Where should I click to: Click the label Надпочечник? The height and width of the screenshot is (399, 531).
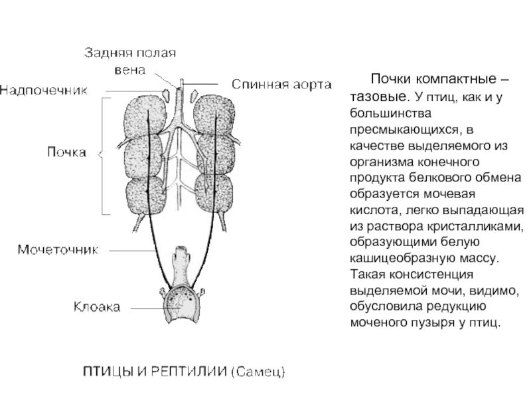44,90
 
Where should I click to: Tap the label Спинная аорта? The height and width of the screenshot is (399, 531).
281,84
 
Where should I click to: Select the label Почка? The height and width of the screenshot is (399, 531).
67,152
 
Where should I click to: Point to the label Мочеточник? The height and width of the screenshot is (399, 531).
58,250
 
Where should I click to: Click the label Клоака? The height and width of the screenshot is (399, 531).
97,307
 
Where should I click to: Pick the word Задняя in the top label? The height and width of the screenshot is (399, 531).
105,53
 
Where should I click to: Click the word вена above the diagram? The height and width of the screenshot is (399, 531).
130,70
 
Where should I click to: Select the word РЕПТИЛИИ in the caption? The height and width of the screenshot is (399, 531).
189,372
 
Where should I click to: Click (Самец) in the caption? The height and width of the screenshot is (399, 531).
258,372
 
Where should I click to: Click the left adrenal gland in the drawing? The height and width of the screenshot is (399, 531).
165,94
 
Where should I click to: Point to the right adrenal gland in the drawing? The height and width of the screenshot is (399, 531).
194,95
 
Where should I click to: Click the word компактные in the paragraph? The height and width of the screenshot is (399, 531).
456,79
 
